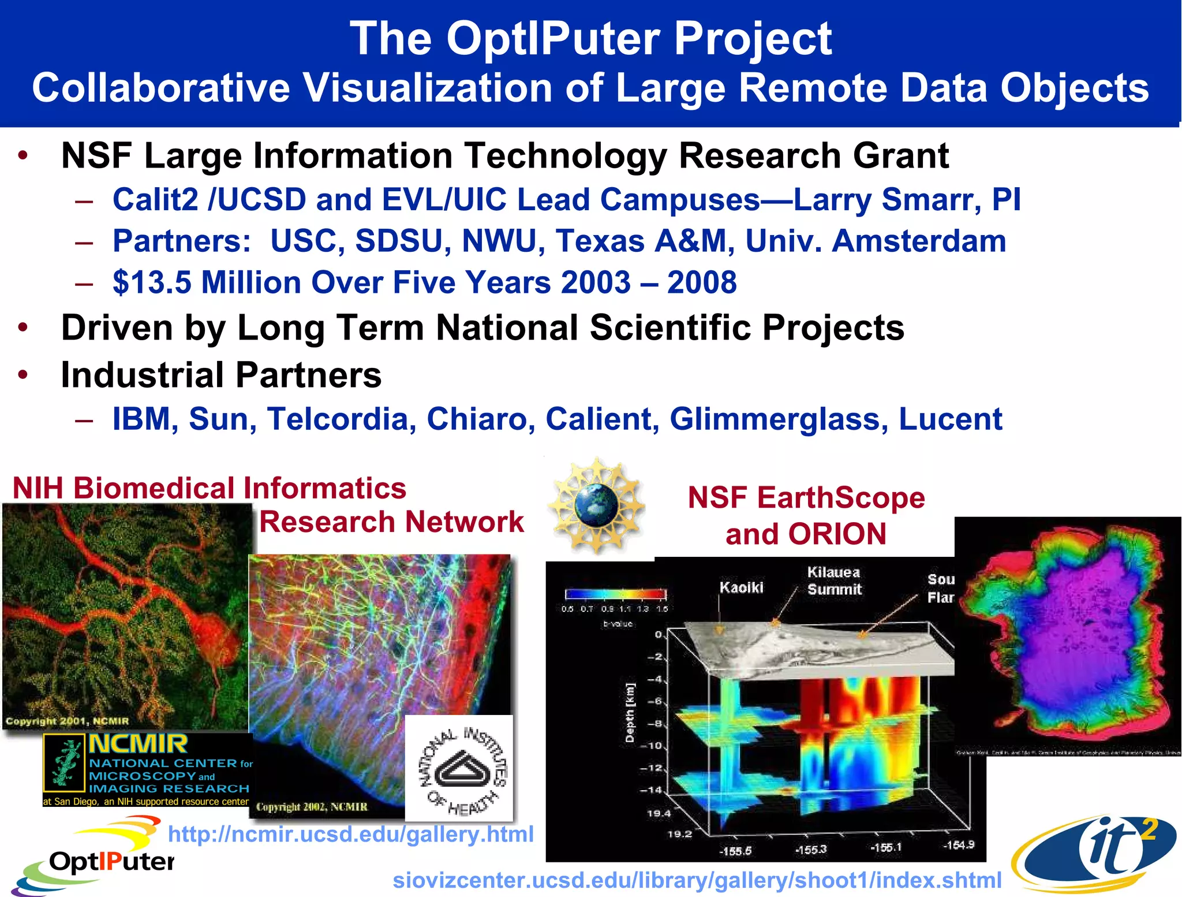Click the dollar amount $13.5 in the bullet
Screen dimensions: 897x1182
[x=151, y=282]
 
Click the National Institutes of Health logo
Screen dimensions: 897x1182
[x=459, y=768]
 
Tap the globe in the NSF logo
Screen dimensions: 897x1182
[x=596, y=505]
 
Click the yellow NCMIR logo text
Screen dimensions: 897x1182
[x=139, y=744]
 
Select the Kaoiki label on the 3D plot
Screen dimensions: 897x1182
[x=741, y=587]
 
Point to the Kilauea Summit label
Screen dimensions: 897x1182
[x=834, y=580]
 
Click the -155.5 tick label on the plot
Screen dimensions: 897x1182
[x=735, y=851]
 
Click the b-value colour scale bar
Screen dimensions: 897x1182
[x=615, y=594]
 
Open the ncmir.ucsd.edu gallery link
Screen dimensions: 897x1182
[x=350, y=834]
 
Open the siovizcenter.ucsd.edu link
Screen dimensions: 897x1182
[x=697, y=880]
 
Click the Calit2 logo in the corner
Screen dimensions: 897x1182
[x=1095, y=853]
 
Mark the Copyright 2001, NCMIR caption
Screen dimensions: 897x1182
[x=67, y=721]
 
